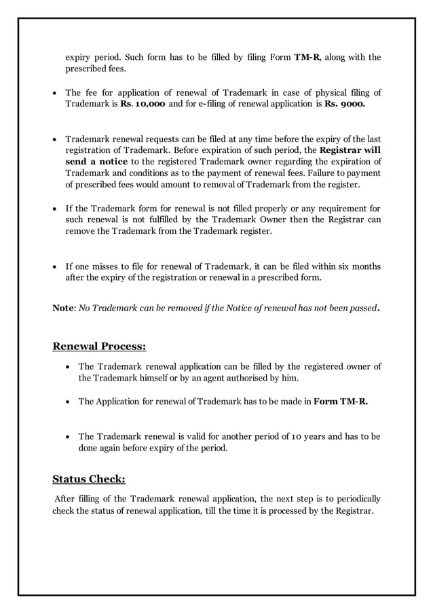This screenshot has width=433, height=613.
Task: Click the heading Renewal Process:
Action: pos(99,347)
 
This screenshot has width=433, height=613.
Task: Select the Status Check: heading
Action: pos(89,478)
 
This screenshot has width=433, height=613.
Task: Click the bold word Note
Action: pos(64,308)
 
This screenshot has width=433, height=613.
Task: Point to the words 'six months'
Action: pos(356,266)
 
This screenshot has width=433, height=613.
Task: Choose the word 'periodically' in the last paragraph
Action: pos(353,499)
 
